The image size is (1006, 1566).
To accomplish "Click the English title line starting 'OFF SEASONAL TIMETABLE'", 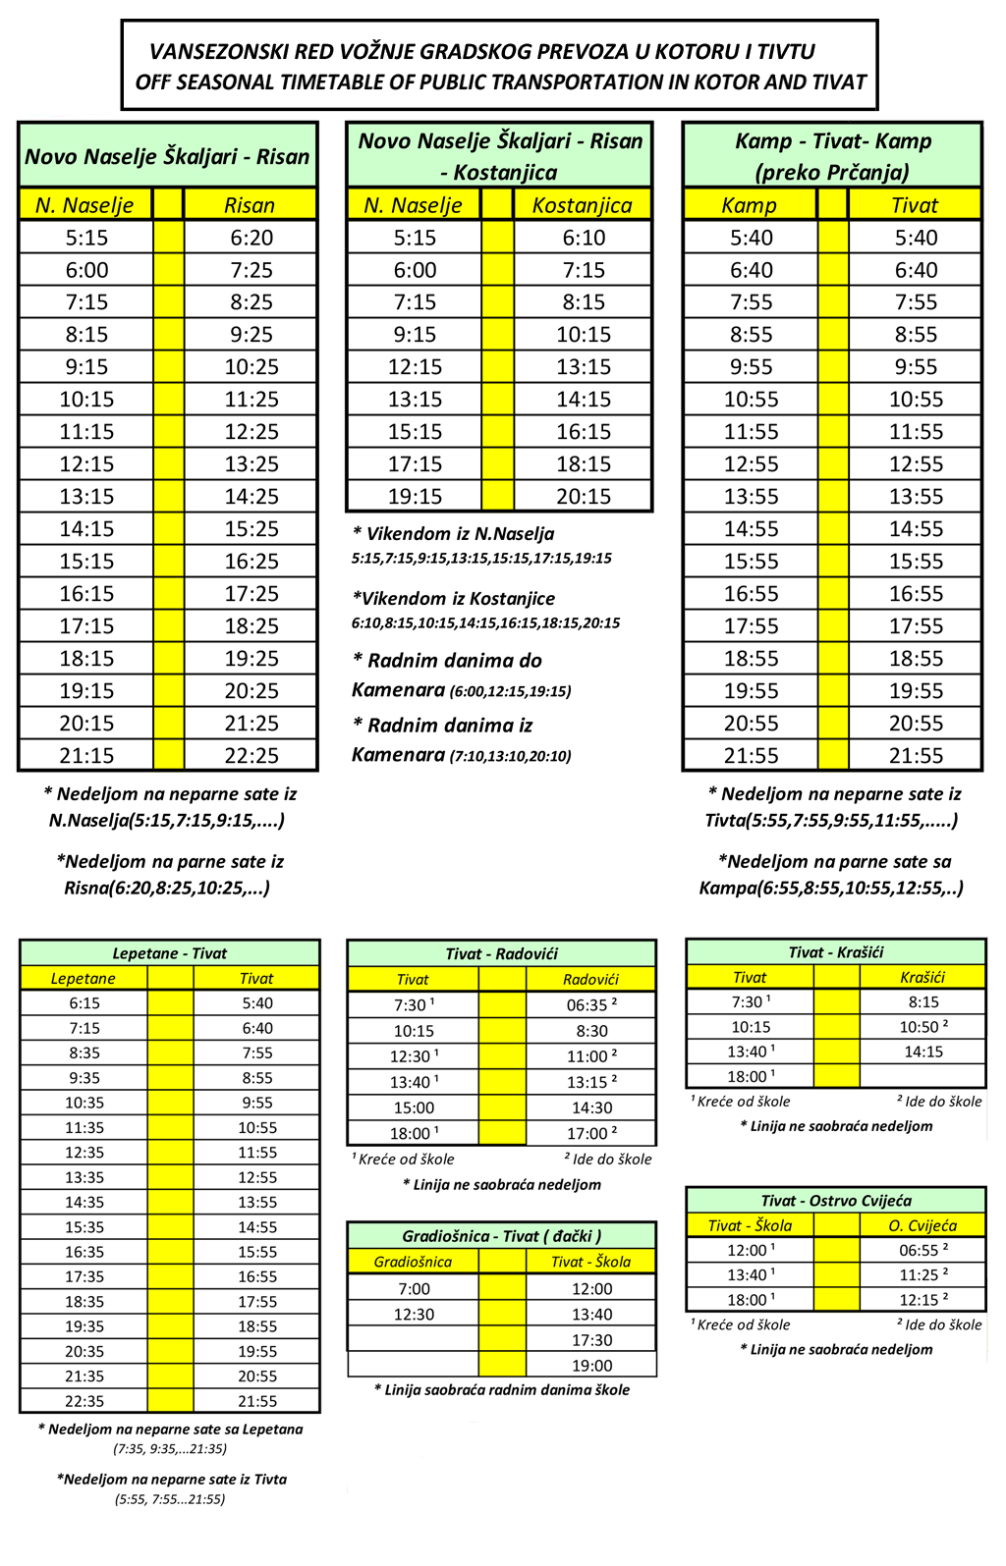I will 501,82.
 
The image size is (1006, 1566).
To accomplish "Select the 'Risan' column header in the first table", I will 250,205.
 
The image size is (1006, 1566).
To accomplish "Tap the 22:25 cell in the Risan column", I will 251,755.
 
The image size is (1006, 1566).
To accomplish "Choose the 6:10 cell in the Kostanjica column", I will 584,238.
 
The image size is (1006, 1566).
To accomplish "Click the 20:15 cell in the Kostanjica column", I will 584,496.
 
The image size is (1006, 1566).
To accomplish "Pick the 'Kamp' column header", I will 749,205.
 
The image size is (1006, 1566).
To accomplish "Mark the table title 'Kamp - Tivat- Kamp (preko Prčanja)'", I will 832,156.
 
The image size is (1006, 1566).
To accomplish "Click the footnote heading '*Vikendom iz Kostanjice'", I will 454,598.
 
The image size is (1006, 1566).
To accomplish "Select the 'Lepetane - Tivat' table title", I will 169,953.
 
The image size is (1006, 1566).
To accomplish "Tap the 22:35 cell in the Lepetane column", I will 84,1401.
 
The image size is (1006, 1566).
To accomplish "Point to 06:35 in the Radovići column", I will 590,1005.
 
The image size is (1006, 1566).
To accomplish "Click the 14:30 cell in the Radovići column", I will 591,1107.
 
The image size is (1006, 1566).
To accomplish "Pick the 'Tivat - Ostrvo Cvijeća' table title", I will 836,1201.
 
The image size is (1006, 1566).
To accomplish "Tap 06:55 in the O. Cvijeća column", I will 922,1251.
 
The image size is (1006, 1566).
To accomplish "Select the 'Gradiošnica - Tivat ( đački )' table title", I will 501,1236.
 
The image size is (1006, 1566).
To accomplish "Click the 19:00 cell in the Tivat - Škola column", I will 591,1366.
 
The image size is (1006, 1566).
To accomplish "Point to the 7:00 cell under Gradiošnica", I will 414,1289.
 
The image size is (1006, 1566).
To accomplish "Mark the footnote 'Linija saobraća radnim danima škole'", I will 501,1390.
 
